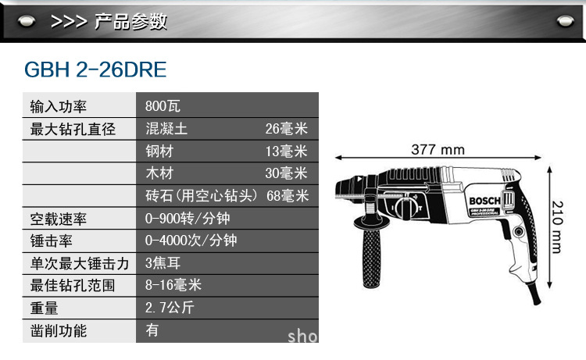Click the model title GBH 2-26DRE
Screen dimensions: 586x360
95,70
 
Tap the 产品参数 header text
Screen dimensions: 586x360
130,21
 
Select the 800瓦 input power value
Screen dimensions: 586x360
163,106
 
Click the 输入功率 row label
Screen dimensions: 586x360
59,107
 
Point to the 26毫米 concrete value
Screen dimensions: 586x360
286,129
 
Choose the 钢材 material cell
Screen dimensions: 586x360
159,151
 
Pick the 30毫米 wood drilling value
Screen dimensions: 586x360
286,173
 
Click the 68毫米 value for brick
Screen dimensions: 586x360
288,196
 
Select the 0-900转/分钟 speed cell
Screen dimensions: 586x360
188,219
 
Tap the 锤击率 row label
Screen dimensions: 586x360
52,241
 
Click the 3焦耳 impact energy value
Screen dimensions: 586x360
163,263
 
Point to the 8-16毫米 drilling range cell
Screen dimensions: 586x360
173,285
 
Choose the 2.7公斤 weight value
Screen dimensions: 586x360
170,308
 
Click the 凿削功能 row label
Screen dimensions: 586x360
59,331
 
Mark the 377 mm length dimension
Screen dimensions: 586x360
438,150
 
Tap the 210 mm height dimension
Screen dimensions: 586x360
557,227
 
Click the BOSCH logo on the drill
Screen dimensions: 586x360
484,201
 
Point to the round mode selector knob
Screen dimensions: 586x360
405,208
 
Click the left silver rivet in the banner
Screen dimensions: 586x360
27,21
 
